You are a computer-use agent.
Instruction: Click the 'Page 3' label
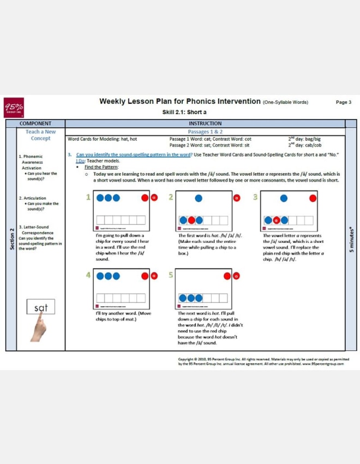click(343, 102)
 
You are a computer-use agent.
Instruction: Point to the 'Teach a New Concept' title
click(40, 135)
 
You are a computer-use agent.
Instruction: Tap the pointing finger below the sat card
click(38, 329)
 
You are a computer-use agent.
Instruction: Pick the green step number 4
click(88, 275)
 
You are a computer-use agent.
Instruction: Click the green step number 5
click(171, 275)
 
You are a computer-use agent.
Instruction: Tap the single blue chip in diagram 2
click(199, 198)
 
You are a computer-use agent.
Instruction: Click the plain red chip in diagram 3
click(313, 198)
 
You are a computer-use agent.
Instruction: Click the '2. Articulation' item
click(33, 198)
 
